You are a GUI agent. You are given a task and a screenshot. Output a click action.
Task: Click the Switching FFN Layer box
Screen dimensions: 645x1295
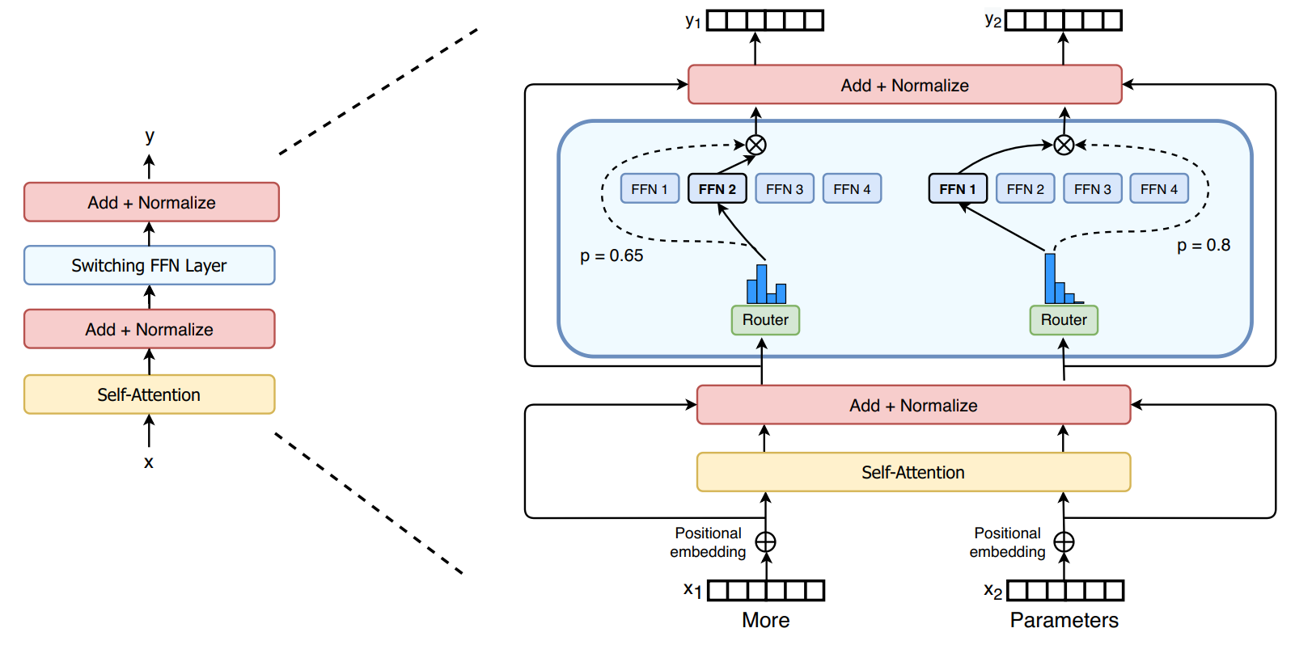pyautogui.click(x=150, y=265)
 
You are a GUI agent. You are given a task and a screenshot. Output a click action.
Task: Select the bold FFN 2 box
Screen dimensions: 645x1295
pyautogui.click(x=717, y=189)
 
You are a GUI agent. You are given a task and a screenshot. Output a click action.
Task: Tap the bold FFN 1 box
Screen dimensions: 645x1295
pyautogui.click(x=958, y=189)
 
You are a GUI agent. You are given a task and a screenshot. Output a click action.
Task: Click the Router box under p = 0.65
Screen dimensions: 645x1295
pyautogui.click(x=765, y=320)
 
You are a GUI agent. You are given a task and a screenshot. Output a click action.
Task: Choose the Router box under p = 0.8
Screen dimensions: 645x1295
pyautogui.click(x=1064, y=320)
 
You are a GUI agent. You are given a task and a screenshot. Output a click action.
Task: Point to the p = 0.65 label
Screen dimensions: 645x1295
pyautogui.click(x=612, y=256)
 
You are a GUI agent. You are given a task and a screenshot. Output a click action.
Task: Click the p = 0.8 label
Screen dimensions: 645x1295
pyautogui.click(x=1203, y=246)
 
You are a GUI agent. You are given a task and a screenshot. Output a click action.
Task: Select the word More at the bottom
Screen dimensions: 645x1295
pyautogui.click(x=765, y=620)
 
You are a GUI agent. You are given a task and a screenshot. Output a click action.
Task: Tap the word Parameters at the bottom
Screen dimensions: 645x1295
pyautogui.click(x=1064, y=620)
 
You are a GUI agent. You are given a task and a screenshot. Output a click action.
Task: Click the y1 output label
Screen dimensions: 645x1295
pyautogui.click(x=692, y=21)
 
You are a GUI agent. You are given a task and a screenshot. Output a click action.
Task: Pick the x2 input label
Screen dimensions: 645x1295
pyautogui.click(x=992, y=591)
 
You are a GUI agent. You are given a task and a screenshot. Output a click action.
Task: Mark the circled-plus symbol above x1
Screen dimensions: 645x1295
pyautogui.click(x=765, y=542)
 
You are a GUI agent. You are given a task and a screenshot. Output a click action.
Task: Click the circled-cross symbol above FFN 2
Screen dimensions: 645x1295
pyautogui.click(x=755, y=145)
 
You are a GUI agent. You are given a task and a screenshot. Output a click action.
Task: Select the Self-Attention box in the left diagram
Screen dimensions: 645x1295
pyautogui.click(x=150, y=394)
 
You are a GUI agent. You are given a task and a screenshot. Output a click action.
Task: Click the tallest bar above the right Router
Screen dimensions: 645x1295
pyautogui.click(x=1050, y=279)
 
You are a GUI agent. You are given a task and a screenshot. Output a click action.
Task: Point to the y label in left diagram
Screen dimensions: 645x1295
pyautogui.click(x=150, y=136)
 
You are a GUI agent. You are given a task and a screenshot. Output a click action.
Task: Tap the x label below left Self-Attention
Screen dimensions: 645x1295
pyautogui.click(x=149, y=462)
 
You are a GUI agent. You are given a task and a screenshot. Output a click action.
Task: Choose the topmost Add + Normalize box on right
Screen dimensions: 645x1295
pyautogui.click(x=904, y=85)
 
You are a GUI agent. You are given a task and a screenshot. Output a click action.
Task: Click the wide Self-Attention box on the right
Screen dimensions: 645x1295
pyautogui.click(x=913, y=472)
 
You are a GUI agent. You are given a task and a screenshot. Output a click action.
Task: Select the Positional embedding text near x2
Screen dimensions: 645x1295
pyautogui.click(x=1007, y=542)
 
